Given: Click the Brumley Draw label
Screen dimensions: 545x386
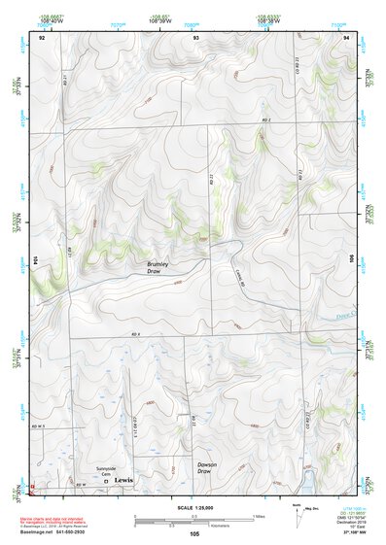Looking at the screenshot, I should tap(158, 267).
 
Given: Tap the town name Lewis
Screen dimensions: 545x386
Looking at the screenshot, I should tap(123, 480).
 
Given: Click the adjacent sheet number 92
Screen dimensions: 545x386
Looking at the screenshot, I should tap(41, 36).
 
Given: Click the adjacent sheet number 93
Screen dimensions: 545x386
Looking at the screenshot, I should tap(195, 36).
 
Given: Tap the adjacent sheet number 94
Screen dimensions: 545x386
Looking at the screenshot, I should tap(346, 36).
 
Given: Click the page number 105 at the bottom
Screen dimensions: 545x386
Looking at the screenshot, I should tap(194, 534).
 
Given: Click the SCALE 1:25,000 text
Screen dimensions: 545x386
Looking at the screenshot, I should tap(193, 508).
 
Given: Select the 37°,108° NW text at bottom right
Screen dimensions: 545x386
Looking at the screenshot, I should tap(333, 533).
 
